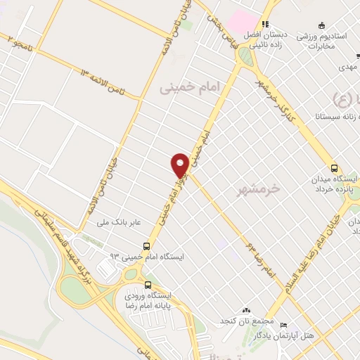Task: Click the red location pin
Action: [x=180, y=165]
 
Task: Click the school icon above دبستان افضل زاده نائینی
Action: [x=264, y=22]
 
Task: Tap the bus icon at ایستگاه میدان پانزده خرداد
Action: [x=334, y=168]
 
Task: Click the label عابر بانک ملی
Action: [x=120, y=223]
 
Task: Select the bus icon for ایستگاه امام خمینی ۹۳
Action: [x=146, y=246]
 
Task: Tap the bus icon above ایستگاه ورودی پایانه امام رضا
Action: [x=148, y=285]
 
